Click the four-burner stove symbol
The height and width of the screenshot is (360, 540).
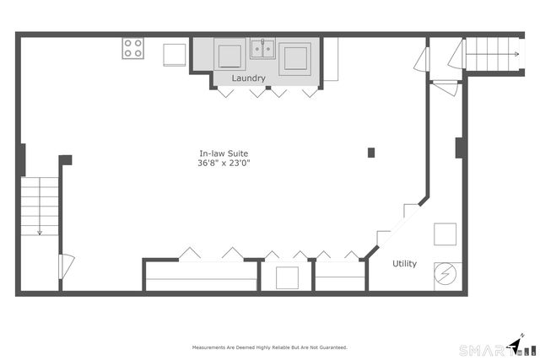coord(133,49)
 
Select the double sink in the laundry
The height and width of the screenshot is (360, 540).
coord(262,49)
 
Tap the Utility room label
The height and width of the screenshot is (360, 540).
coord(405,264)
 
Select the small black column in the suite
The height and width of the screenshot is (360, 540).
coord(371,153)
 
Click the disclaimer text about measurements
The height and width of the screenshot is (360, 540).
coord(269,347)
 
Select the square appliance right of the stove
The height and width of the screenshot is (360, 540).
coord(175,54)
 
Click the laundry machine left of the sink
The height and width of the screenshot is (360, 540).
coord(229,56)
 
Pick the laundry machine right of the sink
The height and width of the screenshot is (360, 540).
coord(294,57)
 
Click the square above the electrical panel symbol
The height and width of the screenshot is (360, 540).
coord(445,234)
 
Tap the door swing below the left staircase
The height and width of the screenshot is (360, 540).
coord(66,269)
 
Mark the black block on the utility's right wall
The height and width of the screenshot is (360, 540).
coord(460,148)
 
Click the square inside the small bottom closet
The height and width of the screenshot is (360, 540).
coord(287,277)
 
